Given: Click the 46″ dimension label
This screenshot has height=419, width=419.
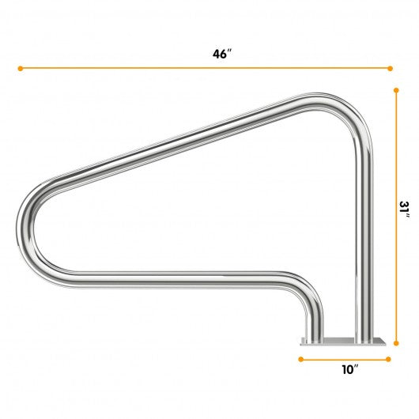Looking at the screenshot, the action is (221, 54).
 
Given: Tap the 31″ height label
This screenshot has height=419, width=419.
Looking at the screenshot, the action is (404, 210).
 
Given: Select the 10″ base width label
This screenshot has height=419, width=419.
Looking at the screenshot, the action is (350, 370).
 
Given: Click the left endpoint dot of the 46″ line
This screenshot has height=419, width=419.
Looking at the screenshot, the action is (21, 69).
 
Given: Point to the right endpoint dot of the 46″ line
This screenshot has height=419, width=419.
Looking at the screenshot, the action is (390, 69).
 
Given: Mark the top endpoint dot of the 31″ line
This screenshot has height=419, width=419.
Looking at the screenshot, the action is (396, 90).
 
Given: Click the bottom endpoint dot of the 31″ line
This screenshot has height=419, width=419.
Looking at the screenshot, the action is (396, 343).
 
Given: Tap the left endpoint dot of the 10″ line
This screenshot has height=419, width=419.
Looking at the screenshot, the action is (301, 359).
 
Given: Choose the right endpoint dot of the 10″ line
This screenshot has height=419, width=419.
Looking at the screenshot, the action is (388, 359).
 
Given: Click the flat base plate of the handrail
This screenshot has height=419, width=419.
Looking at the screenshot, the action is (343, 342).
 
